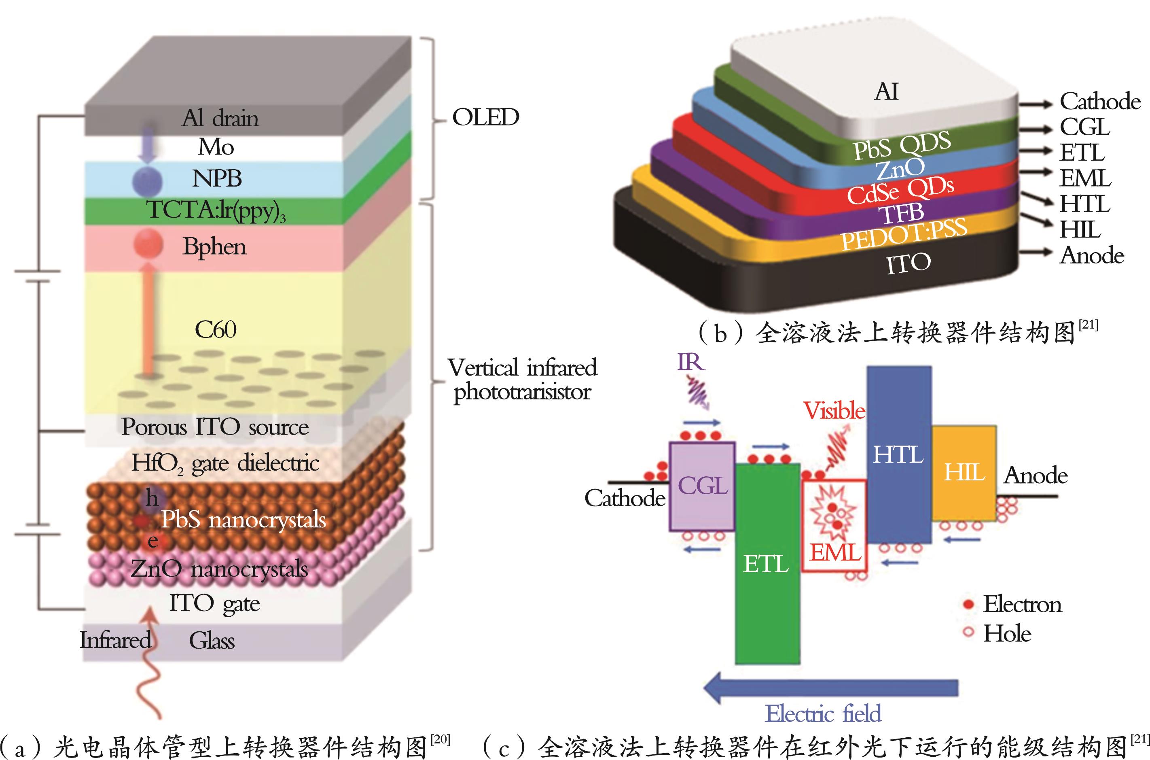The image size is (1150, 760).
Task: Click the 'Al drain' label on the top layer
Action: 220,118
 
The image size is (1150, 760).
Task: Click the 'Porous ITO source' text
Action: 215,427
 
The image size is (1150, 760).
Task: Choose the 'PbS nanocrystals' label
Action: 243,519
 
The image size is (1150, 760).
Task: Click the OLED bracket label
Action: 485,117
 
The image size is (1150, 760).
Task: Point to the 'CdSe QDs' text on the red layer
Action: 900,190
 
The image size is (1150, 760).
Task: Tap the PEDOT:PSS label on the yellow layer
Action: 904,234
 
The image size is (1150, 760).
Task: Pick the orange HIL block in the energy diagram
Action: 964,473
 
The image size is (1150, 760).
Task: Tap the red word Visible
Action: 834,411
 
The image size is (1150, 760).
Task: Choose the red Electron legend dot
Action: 968,604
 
